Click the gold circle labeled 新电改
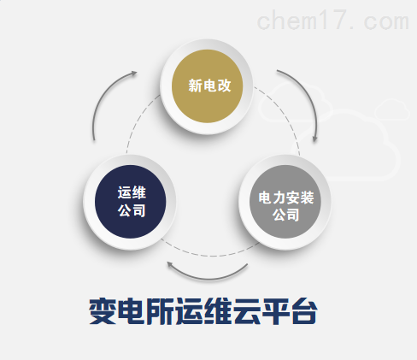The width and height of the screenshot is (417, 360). (x=207, y=86)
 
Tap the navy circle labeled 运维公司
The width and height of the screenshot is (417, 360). (x=130, y=202)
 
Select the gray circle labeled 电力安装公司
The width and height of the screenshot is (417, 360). (x=285, y=202)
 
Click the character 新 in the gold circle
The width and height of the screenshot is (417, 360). (x=195, y=86)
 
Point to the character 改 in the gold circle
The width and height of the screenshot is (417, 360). (x=224, y=86)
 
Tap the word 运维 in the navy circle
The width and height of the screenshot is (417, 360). (x=132, y=192)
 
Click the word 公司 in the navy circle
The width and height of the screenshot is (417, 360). (x=132, y=210)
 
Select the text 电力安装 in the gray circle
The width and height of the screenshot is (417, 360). (x=286, y=198)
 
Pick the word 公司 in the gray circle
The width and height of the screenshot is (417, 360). (x=286, y=215)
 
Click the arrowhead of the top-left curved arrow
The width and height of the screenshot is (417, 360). (x=134, y=73)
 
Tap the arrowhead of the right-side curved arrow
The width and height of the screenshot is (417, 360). (x=314, y=139)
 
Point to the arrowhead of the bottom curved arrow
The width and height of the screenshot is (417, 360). (x=170, y=264)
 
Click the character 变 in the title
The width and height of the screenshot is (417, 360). (x=103, y=311)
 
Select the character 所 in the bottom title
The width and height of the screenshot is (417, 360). (x=160, y=311)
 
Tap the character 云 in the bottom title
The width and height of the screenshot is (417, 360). (x=246, y=311)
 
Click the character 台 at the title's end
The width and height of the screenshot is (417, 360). (x=303, y=311)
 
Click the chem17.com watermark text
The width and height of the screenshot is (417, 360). (x=333, y=20)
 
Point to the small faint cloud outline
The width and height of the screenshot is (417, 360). (x=392, y=109)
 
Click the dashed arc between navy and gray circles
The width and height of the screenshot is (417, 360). (x=211, y=256)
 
